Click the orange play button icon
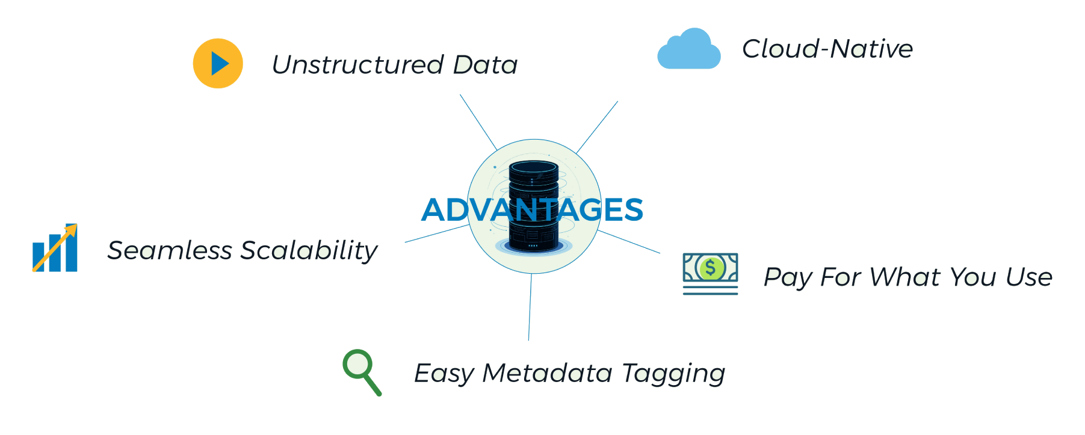(218, 63)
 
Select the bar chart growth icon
(55, 248)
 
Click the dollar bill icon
(710, 274)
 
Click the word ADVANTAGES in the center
(532, 209)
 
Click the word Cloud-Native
(827, 49)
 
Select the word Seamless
(170, 250)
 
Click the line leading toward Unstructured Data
(478, 122)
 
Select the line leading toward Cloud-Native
(597, 127)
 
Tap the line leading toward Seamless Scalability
(437, 233)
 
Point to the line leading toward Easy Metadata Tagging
(530, 307)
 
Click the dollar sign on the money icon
(711, 268)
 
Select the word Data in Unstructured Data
(485, 64)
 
